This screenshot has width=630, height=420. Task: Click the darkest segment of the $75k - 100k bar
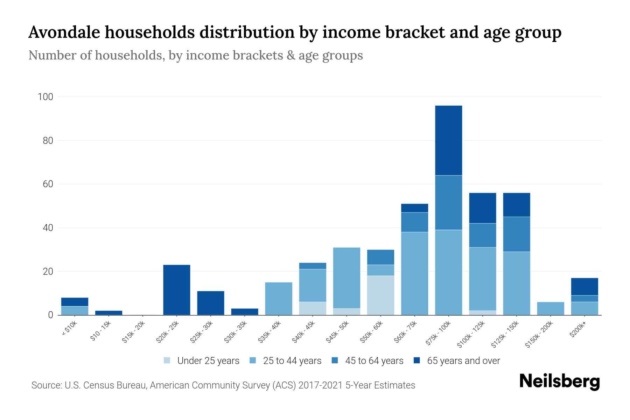pyautogui.click(x=448, y=140)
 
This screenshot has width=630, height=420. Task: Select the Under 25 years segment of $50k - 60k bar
pyautogui.click(x=380, y=295)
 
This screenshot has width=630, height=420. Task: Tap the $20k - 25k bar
pyautogui.click(x=176, y=290)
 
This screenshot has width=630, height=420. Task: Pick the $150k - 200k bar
pyautogui.click(x=550, y=308)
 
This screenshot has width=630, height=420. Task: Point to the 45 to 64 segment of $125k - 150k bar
pyautogui.click(x=516, y=234)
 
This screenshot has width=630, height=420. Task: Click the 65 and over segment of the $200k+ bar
pyautogui.click(x=584, y=286)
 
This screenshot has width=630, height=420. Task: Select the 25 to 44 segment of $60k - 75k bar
pyautogui.click(x=414, y=273)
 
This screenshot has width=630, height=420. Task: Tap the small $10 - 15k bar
pyautogui.click(x=108, y=313)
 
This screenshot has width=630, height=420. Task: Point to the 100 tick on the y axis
pyautogui.click(x=45, y=97)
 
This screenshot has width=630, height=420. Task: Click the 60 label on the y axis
pyautogui.click(x=48, y=184)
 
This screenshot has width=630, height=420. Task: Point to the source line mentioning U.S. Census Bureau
pyautogui.click(x=223, y=385)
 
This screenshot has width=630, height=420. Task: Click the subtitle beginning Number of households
pyautogui.click(x=195, y=55)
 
